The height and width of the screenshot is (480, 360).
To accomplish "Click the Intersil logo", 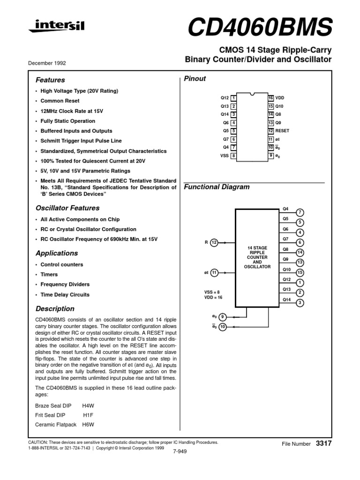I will (x=57, y=26).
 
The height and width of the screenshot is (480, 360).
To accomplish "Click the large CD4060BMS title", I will (x=259, y=28).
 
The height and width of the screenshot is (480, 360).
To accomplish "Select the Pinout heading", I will (x=195, y=79).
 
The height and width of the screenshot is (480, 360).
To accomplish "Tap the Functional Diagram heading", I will (x=216, y=187).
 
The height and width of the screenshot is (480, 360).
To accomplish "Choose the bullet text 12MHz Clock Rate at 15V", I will (x=71, y=111).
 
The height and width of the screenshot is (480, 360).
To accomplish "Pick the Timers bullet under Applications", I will (x=49, y=275).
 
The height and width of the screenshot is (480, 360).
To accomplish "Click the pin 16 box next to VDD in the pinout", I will (x=270, y=98).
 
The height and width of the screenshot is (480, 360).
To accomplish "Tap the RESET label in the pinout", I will (x=283, y=131).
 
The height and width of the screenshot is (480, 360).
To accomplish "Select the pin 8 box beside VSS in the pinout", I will (x=233, y=156).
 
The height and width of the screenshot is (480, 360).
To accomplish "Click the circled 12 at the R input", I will (x=214, y=242).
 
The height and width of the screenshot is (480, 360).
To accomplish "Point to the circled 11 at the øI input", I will (x=214, y=272).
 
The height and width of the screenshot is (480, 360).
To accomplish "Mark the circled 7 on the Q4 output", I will (x=300, y=213).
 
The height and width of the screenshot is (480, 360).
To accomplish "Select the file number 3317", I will (x=324, y=443).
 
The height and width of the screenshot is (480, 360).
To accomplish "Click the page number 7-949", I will (x=180, y=451).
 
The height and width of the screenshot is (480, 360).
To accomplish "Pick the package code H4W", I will (x=88, y=405).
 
